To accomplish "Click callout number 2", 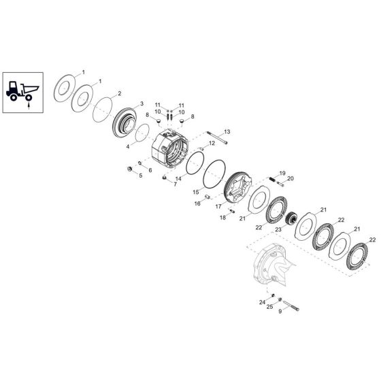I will [120, 93].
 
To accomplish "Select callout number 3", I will [141, 104].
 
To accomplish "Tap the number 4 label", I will [128, 145].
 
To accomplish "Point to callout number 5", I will [141, 176].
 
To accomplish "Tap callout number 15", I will [197, 193].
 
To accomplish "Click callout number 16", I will [198, 203].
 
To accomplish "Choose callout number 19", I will [282, 173].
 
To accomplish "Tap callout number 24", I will [261, 301].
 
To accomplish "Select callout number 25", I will [269, 308].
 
